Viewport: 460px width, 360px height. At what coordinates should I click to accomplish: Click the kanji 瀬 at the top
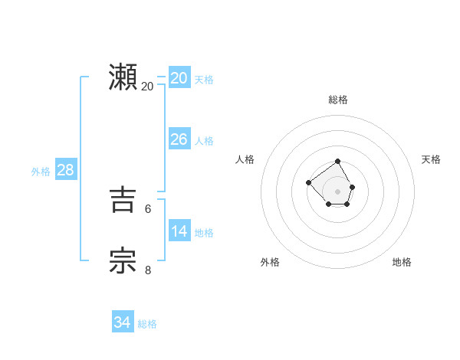point(123,77)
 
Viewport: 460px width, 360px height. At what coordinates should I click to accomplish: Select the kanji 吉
point(123,201)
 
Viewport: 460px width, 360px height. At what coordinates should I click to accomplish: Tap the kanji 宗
point(123,260)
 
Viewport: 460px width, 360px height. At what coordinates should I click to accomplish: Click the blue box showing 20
point(179,78)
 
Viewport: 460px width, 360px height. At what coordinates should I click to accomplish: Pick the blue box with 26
point(179,139)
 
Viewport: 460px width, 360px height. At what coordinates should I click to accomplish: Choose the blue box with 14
point(179,231)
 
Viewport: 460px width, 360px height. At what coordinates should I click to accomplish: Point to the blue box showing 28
point(65,170)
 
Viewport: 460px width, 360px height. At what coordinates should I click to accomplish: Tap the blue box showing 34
point(123,322)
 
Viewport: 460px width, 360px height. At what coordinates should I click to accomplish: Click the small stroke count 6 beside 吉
point(148,208)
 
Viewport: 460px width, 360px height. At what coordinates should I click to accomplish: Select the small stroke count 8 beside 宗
point(148,269)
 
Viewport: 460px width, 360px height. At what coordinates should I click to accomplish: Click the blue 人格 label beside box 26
point(204,141)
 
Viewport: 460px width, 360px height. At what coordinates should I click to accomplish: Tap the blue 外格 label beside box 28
point(41,172)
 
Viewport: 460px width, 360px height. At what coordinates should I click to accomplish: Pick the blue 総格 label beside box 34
point(147,324)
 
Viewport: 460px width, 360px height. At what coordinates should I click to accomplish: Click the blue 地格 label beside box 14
point(204,233)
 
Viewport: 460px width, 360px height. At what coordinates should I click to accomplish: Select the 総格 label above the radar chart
point(338,100)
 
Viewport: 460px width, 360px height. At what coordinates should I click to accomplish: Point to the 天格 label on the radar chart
point(431,159)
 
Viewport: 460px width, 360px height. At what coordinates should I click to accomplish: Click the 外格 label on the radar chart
point(270,262)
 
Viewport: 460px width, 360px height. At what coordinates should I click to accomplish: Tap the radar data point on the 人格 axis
point(308,182)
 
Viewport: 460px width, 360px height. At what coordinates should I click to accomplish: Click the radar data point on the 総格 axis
point(338,162)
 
